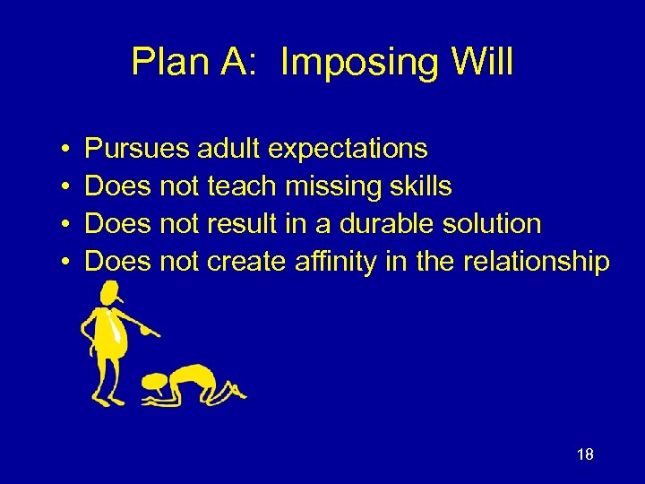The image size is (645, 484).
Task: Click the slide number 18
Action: tap(584, 454)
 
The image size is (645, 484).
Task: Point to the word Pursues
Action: tap(136, 148)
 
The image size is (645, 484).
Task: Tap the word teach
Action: tap(242, 186)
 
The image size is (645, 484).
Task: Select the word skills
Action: tap(419, 186)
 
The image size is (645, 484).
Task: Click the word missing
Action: tap(331, 186)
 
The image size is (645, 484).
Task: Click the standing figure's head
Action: tap(110, 293)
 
